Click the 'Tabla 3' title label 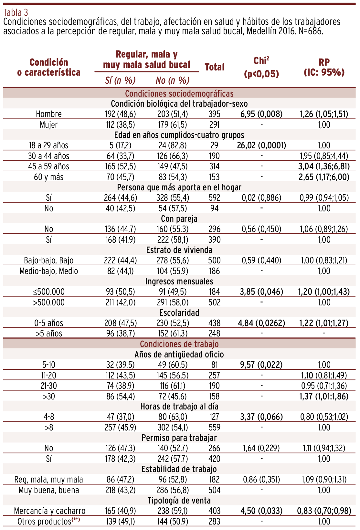[x=16, y=13]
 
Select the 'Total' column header [x=214, y=67]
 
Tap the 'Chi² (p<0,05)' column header [x=261, y=67]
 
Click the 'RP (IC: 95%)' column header [x=324, y=67]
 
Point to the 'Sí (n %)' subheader [x=120, y=80]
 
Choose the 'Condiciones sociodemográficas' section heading [x=179, y=94]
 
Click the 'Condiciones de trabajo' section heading [x=179, y=344]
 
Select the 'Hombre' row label [x=49, y=114]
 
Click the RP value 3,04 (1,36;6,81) [x=324, y=166]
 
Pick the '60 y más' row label [x=49, y=177]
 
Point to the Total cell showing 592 [x=214, y=198]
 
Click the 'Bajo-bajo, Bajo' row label [x=49, y=260]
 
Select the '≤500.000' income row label [x=49, y=292]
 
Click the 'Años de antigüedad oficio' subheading [x=179, y=355]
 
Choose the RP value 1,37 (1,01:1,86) [x=324, y=396]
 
